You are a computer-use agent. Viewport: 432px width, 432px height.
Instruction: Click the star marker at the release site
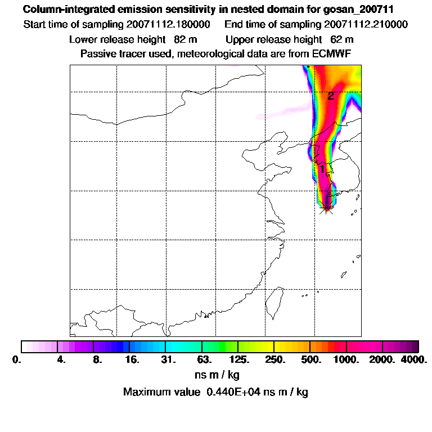[326, 208]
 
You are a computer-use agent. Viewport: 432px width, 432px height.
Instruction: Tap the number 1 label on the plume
[322, 169]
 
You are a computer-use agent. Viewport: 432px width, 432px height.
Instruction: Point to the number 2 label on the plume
[331, 96]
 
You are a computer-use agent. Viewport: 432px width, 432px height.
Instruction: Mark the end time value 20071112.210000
[366, 25]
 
